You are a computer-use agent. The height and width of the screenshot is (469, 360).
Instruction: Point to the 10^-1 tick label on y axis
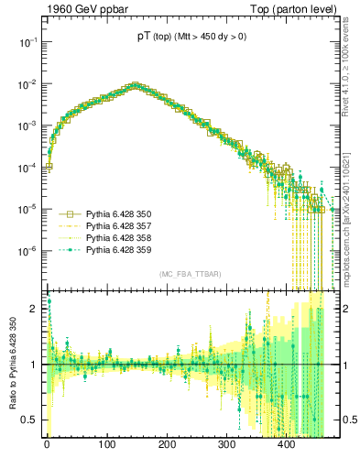tap(26, 42)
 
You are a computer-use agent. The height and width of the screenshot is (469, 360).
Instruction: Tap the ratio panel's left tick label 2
tap(33, 309)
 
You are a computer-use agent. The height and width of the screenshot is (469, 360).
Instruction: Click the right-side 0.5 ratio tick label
tap(348, 420)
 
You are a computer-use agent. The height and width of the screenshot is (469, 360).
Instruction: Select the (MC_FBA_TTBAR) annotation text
tap(190, 275)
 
